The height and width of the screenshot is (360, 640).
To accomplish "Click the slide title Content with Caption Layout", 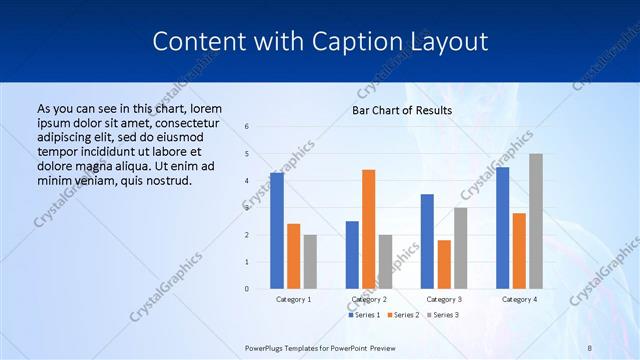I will click(x=320, y=41).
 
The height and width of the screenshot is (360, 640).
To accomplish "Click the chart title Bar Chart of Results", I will click(x=401, y=110).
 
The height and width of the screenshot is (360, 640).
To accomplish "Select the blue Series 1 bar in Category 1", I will click(x=277, y=231).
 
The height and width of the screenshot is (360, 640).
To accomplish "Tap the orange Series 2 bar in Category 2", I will click(x=368, y=229).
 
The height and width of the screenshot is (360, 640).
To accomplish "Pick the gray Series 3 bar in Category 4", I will click(x=535, y=221).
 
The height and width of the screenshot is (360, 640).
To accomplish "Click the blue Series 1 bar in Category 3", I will click(x=427, y=241).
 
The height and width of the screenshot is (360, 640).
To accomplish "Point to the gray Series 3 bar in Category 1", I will click(x=310, y=262).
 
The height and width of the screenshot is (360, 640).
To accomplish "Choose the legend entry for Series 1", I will click(x=366, y=315).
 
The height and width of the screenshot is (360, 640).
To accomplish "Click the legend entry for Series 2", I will click(x=402, y=315).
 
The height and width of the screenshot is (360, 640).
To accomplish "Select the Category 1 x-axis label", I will click(x=293, y=299).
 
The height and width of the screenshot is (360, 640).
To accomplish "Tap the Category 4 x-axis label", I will click(x=518, y=299).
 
